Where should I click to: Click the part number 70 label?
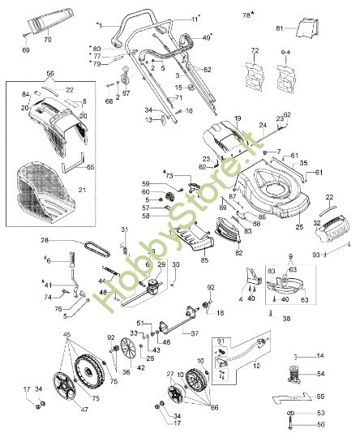(46, 39)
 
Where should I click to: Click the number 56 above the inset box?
(50, 72)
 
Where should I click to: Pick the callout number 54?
(320, 373)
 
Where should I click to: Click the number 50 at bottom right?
(320, 424)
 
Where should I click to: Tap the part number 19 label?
(238, 119)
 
